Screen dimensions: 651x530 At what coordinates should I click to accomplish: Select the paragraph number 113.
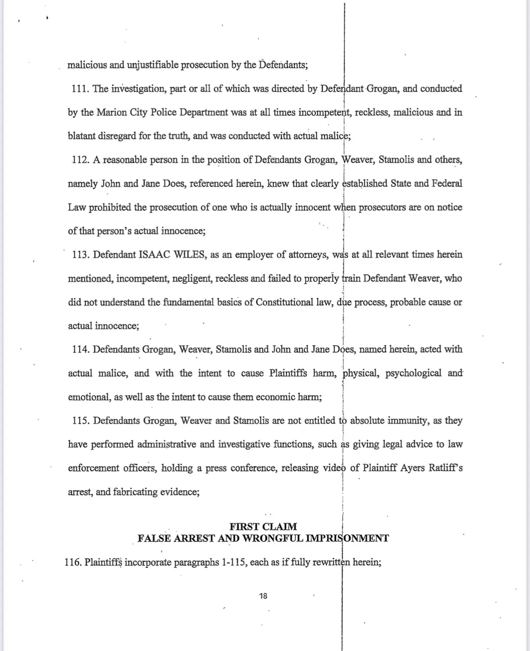coord(80,255)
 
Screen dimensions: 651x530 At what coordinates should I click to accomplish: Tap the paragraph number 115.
coord(80,421)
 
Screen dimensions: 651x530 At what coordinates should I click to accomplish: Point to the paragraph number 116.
coord(73,562)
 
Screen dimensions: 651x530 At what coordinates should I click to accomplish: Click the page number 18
coord(263,596)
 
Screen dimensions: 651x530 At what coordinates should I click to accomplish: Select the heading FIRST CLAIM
coord(263,526)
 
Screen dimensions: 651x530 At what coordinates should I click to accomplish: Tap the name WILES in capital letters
coord(189,255)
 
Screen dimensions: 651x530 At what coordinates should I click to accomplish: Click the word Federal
coord(447,183)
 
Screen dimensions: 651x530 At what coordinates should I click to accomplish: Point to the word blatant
coord(81,136)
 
